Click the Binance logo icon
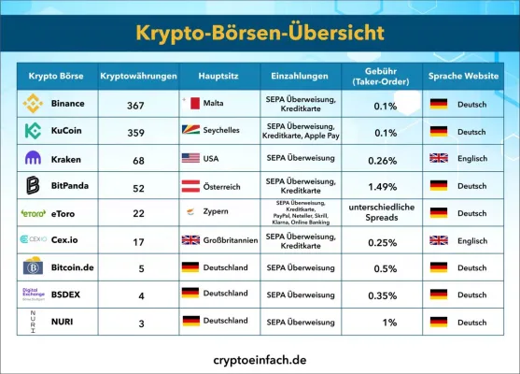coord(33,104)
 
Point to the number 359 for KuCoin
coord(135,133)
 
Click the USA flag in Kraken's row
coord(190,159)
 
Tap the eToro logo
coord(34,213)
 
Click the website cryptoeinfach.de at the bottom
coord(260,357)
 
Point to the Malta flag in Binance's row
coord(190,104)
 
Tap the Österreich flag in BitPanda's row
coord(190,186)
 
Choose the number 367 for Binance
coord(135,105)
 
